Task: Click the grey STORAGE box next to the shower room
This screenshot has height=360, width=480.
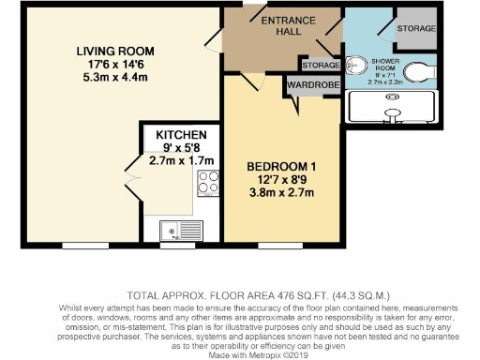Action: coord(416,29)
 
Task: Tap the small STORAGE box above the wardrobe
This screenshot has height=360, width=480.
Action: coord(319,65)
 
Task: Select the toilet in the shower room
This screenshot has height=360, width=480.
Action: coord(420,71)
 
